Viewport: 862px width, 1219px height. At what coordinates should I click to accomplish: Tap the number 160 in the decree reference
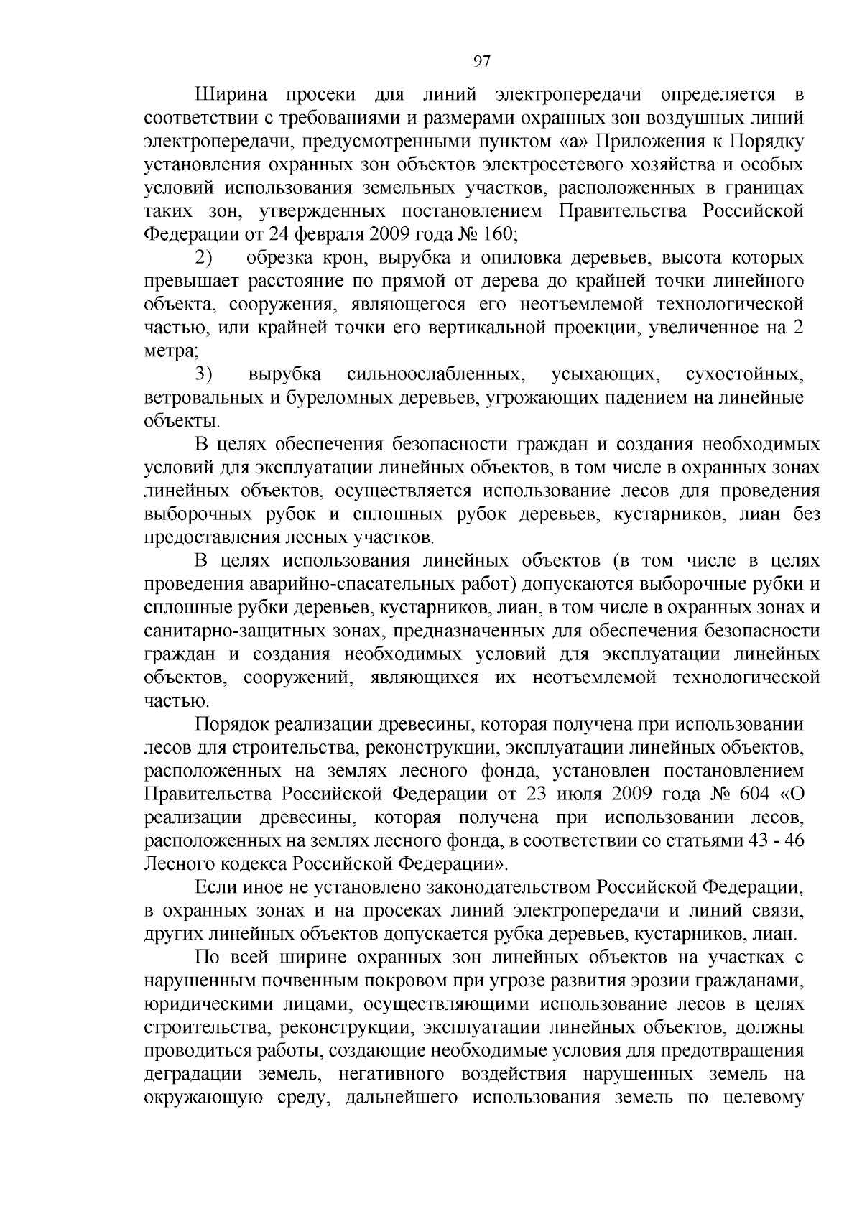pyautogui.click(x=495, y=235)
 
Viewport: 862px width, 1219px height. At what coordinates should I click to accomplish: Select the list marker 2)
pyautogui.click(x=204, y=258)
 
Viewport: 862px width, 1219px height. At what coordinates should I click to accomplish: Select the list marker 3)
pyautogui.click(x=204, y=375)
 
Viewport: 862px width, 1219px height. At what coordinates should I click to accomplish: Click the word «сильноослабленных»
pyautogui.click(x=434, y=375)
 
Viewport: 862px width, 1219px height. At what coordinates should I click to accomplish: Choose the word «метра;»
pyautogui.click(x=172, y=351)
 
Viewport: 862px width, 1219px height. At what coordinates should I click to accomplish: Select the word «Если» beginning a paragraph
pyautogui.click(x=211, y=889)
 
